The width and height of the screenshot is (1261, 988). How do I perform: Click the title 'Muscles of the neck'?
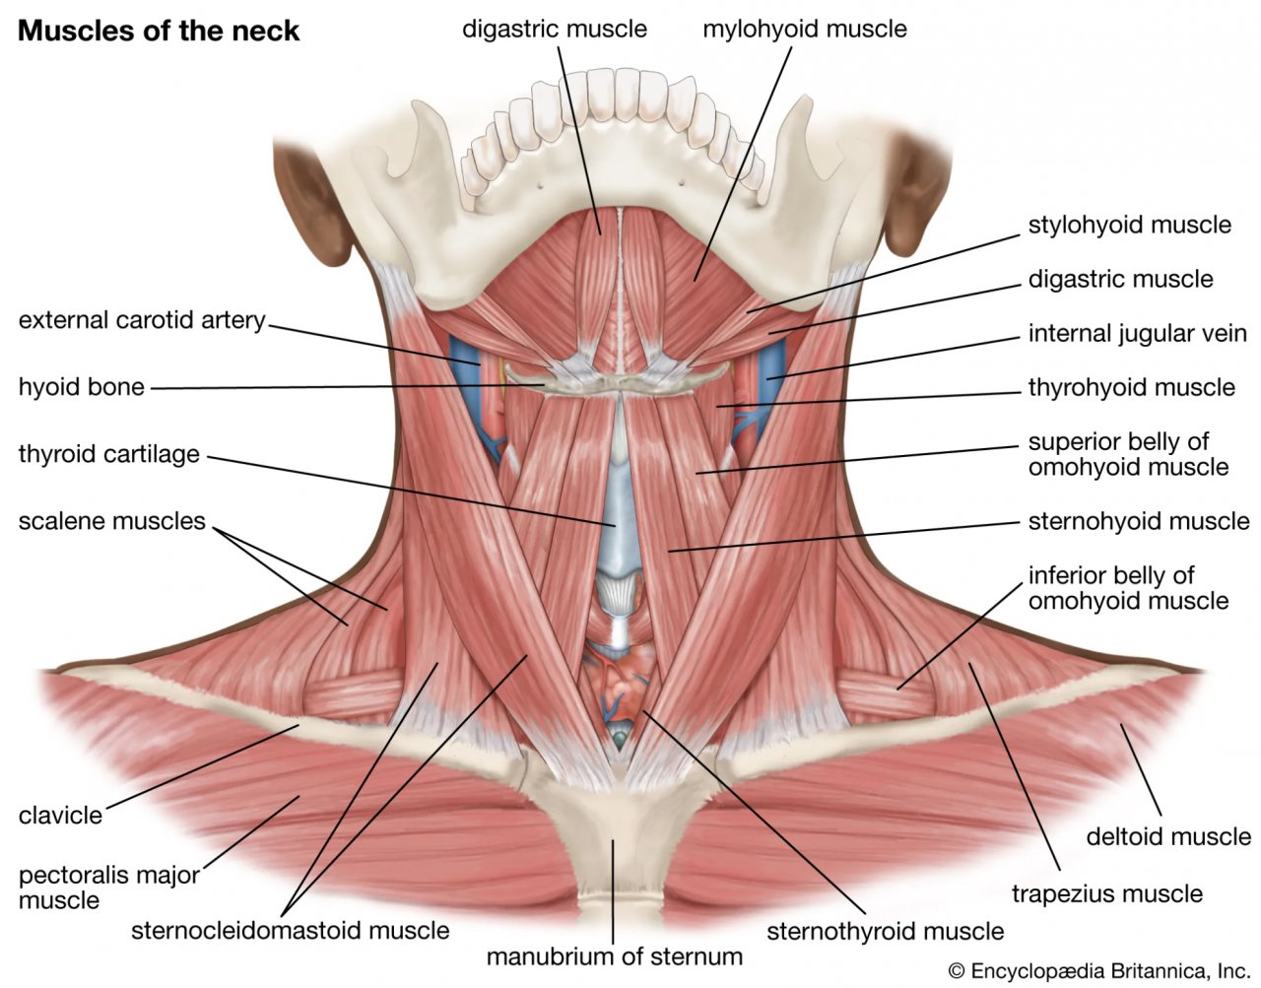(159, 31)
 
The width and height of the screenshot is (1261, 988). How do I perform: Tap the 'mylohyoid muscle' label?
(804, 29)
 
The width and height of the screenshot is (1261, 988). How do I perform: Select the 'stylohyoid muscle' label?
(1129, 226)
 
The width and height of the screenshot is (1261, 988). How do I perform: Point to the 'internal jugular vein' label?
(1137, 334)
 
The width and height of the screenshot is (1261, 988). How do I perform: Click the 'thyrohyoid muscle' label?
(1131, 387)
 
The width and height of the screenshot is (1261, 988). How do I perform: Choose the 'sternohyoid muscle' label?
(1138, 520)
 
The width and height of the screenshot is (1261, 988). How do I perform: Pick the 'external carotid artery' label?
(142, 320)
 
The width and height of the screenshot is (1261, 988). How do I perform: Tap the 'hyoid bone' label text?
(81, 387)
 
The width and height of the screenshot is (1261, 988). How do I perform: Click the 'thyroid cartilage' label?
(108, 454)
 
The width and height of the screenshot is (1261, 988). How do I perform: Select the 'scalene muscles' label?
(111, 520)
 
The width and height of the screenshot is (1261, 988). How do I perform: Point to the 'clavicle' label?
(60, 816)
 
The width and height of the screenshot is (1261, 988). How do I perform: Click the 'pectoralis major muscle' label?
(108, 887)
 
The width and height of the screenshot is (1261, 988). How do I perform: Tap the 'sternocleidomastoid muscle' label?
(290, 930)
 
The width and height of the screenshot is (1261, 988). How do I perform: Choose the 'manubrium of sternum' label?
(614, 956)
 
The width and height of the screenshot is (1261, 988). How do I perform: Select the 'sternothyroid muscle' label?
(885, 931)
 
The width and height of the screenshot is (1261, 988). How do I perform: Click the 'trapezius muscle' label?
(1106, 894)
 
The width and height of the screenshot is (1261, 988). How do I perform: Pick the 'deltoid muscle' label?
(1167, 837)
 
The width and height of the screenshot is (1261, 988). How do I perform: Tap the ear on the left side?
(305, 197)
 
